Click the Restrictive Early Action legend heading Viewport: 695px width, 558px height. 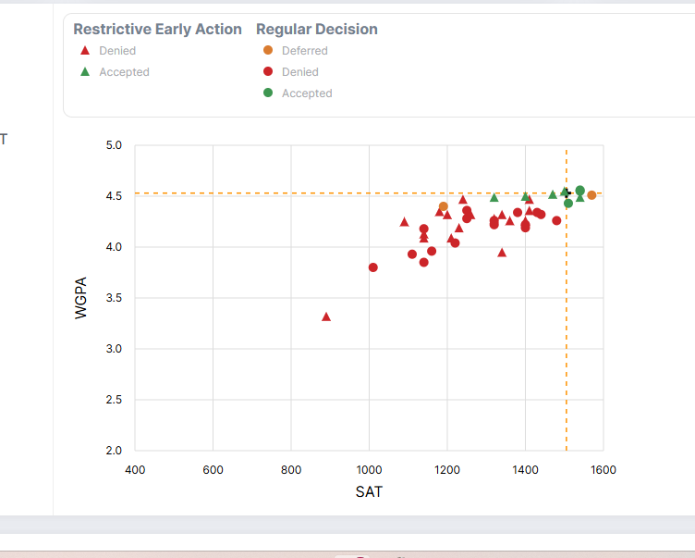point(157,30)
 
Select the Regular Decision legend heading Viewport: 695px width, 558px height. point(316,30)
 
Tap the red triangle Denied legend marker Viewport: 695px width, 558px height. point(85,51)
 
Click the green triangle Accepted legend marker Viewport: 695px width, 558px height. point(85,72)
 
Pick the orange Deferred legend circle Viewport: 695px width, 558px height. point(268,51)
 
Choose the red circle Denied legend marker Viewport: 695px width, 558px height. point(268,72)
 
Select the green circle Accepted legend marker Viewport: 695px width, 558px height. point(268,93)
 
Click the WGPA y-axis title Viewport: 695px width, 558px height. point(81,298)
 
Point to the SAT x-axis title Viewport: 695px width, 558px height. point(369,492)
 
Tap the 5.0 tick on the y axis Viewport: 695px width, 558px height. point(115,145)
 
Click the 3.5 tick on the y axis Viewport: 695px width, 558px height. point(115,298)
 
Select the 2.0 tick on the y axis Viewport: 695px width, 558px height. point(115,451)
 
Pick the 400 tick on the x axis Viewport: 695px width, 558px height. point(135,469)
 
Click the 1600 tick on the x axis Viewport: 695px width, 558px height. point(604,469)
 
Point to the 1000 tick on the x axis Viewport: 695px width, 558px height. point(369,469)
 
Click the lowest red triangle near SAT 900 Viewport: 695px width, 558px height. point(326,316)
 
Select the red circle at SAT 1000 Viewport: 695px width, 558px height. point(373,267)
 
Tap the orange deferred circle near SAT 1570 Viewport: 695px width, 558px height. point(591,195)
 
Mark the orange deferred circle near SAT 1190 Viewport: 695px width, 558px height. point(444,206)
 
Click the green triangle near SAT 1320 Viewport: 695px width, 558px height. point(494,197)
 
